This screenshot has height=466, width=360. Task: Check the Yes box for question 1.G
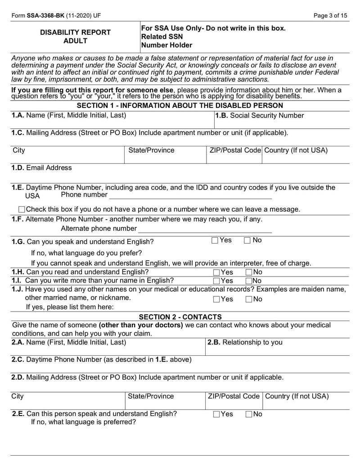215,240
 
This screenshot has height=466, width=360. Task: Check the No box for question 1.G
247,240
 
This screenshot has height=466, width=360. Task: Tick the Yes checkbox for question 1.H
216,272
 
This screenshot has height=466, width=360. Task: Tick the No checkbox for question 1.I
249,281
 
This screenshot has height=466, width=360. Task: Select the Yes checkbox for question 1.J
216,299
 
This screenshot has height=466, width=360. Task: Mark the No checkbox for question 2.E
249,414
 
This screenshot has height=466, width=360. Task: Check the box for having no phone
22,209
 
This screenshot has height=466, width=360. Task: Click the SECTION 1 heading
180,106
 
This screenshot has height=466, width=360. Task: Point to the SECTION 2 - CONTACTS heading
180,317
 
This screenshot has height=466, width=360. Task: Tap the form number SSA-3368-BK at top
45,15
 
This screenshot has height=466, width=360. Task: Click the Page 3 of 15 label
331,15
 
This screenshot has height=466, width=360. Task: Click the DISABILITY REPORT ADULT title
76,36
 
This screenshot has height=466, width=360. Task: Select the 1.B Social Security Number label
260,116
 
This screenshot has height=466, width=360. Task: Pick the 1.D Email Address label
41,168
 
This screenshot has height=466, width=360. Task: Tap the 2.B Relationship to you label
245,343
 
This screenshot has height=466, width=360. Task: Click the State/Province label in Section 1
151,150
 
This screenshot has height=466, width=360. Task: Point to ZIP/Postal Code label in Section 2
234,396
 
